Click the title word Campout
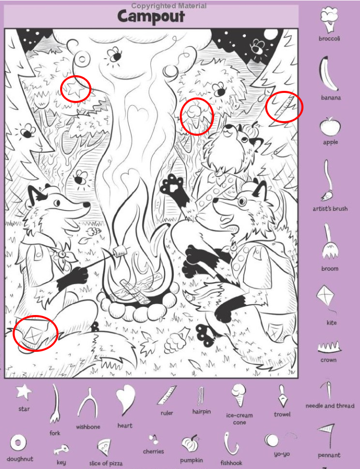point(151,17)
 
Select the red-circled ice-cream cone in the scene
point(195,117)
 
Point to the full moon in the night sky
point(271,34)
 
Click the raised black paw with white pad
point(174,186)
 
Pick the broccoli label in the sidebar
point(329,38)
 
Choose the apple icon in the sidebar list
point(330,126)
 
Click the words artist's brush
point(330,209)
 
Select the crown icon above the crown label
point(329,347)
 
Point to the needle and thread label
point(330,406)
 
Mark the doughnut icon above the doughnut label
point(18,443)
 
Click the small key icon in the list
point(61,449)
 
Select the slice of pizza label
point(106,463)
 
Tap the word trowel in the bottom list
point(282,414)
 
